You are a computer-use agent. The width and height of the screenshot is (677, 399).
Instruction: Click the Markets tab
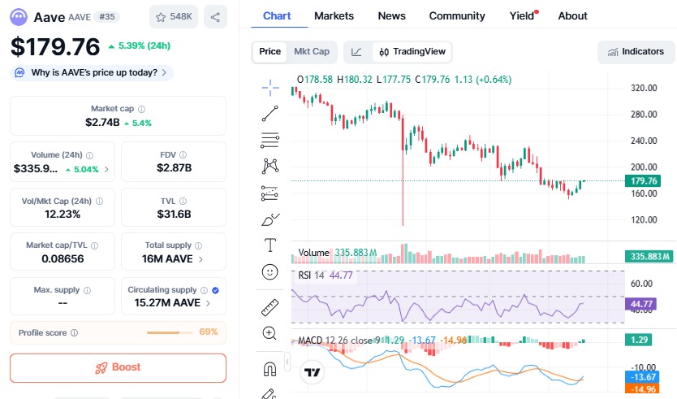click(334, 15)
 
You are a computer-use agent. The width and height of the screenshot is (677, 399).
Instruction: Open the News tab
click(391, 15)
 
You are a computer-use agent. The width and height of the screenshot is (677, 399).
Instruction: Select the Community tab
click(457, 15)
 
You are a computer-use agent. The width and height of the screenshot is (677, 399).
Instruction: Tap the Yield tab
click(522, 15)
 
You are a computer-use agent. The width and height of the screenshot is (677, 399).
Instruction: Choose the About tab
click(572, 15)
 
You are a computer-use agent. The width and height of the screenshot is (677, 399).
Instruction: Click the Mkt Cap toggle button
click(311, 51)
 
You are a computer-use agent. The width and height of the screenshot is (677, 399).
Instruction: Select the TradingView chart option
click(412, 51)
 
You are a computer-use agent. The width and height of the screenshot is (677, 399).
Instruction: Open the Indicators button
click(635, 51)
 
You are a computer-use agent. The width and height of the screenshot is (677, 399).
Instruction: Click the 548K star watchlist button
click(174, 16)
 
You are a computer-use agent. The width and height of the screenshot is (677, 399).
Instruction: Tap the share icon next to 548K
click(215, 16)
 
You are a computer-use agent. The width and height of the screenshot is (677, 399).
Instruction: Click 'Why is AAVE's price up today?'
click(93, 72)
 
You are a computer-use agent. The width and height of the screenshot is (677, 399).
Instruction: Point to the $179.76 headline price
click(55, 46)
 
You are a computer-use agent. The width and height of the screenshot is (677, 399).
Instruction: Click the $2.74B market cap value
click(102, 123)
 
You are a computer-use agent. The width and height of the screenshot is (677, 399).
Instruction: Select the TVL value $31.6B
click(174, 214)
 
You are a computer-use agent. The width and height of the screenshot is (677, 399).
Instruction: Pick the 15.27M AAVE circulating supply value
click(167, 303)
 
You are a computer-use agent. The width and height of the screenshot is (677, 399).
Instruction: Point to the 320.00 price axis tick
click(644, 88)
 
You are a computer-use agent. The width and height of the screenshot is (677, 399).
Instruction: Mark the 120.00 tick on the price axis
click(644, 220)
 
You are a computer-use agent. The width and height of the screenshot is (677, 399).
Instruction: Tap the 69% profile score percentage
click(209, 332)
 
